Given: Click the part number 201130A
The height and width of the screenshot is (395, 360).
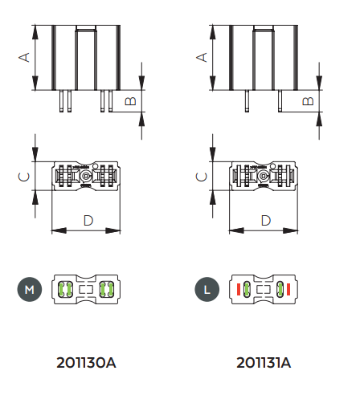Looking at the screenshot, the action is [86, 363].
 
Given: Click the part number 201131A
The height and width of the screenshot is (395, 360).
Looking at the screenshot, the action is [264, 363].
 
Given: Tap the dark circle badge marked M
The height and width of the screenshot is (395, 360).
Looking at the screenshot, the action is [30, 289].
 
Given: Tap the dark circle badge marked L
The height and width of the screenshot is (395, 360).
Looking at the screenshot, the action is [207, 289].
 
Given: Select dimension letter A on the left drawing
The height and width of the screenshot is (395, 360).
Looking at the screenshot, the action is [24, 57].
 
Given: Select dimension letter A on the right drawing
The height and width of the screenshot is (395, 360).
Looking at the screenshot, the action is [202, 57].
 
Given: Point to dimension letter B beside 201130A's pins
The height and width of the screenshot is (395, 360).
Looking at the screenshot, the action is [131, 101].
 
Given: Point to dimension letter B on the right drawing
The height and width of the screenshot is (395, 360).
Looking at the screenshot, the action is [308, 101].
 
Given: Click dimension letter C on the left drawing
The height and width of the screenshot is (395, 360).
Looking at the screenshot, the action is [23, 177].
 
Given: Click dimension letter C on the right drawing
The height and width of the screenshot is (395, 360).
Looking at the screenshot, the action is [201, 177].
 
